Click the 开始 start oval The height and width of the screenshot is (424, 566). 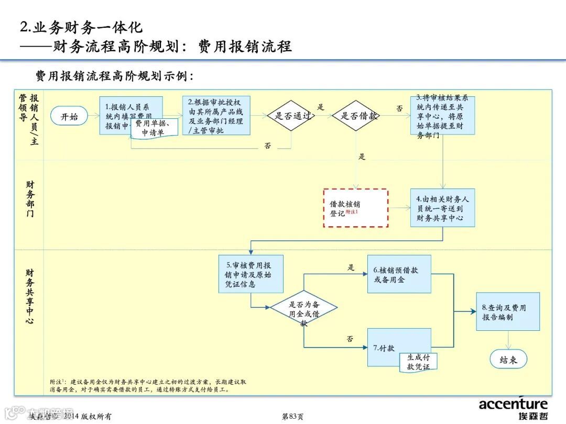click(x=69, y=117)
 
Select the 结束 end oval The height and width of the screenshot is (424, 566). click(x=508, y=360)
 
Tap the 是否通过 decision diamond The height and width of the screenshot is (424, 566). click(x=291, y=116)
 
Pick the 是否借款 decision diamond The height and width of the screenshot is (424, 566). click(x=357, y=116)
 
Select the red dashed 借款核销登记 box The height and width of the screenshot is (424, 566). click(x=356, y=208)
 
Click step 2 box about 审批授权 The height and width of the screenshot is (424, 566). click(x=216, y=116)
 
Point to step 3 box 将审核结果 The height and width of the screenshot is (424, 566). click(x=442, y=116)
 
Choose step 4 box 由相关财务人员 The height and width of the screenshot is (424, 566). click(x=442, y=208)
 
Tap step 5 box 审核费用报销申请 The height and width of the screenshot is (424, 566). click(x=251, y=274)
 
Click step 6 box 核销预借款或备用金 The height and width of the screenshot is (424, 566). click(x=399, y=274)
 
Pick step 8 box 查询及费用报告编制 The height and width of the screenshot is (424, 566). click(x=507, y=311)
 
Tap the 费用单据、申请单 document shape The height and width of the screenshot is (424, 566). click(x=153, y=128)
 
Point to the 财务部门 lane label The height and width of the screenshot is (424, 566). click(x=30, y=199)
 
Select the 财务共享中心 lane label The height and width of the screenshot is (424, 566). click(x=30, y=296)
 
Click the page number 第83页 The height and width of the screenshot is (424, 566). click(x=292, y=417)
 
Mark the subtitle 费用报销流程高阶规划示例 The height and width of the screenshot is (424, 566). click(x=114, y=76)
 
